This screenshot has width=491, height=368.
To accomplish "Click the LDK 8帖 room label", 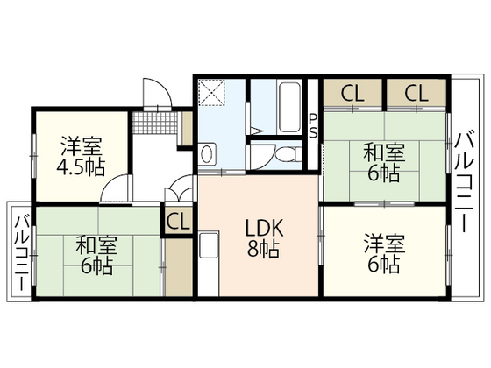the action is [264, 237].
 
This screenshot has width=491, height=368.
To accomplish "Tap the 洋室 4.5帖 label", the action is [81, 156].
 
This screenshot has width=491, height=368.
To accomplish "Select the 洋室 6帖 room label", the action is [384, 253].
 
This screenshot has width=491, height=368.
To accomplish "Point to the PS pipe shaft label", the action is [313, 126].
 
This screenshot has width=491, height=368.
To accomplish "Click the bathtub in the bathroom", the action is [289, 107].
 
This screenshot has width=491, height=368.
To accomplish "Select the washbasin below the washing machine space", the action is [207, 154].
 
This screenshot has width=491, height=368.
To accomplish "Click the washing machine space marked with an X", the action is [211, 93].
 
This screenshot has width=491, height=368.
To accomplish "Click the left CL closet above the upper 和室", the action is [352, 93].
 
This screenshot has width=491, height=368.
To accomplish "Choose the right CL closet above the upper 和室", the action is [416, 93].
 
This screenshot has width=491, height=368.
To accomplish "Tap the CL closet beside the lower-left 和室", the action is [178, 221].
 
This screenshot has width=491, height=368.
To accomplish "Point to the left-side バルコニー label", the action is [22, 253].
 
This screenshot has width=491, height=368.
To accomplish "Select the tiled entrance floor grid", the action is [155, 123].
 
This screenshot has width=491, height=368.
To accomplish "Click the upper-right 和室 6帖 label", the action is [384, 163].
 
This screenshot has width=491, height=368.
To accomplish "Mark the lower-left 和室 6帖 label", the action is [96, 255].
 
